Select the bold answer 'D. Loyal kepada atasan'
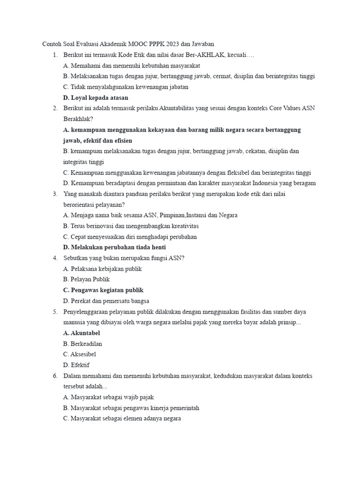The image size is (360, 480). click(x=95, y=98)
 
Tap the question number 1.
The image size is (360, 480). click(x=55, y=55)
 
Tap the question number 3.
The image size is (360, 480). click(x=55, y=194)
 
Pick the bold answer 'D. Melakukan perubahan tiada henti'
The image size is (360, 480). click(x=114, y=247)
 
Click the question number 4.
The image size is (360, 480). click(x=55, y=258)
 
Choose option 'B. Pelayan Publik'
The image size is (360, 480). click(x=86, y=279)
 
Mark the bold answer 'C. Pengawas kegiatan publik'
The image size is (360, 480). click(x=103, y=290)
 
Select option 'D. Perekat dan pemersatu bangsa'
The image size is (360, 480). click(x=106, y=301)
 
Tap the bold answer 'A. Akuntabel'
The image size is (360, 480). click(x=81, y=333)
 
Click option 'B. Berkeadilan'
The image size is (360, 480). click(x=82, y=344)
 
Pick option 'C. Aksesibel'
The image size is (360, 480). click(x=79, y=354)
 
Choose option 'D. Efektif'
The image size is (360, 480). click(x=76, y=365)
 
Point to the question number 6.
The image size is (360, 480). click(x=55, y=376)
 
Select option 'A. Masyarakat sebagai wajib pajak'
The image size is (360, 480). click(x=108, y=397)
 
